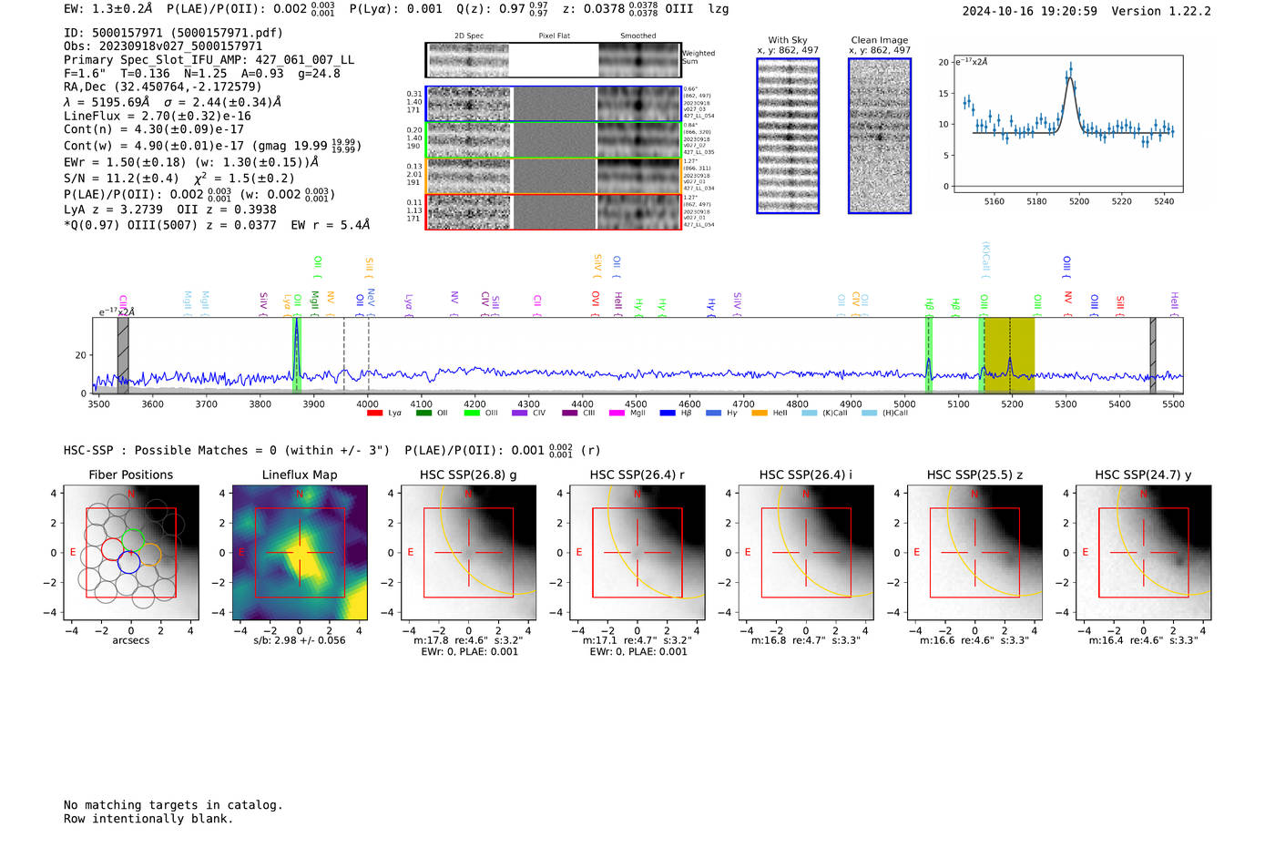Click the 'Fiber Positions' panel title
coord(130,475)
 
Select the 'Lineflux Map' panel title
coord(300,475)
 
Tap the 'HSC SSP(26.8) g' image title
coord(468,475)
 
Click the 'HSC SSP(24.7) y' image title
coord(1143,475)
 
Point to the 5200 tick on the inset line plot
coord(1079,201)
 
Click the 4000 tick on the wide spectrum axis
coord(367,404)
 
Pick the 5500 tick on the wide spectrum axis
coord(1173,404)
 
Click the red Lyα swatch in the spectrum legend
coord(374,414)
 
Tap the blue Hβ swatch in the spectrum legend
coord(668,414)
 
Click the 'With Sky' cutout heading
coord(788,40)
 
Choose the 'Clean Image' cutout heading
coord(880,40)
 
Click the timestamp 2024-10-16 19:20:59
coord(1029,11)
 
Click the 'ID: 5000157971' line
coord(173,33)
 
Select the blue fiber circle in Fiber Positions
coord(128,562)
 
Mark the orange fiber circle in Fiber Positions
coord(150,554)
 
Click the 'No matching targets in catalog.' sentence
coord(173,805)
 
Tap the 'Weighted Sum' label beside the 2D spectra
coord(699,57)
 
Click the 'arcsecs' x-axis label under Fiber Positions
coord(130,640)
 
